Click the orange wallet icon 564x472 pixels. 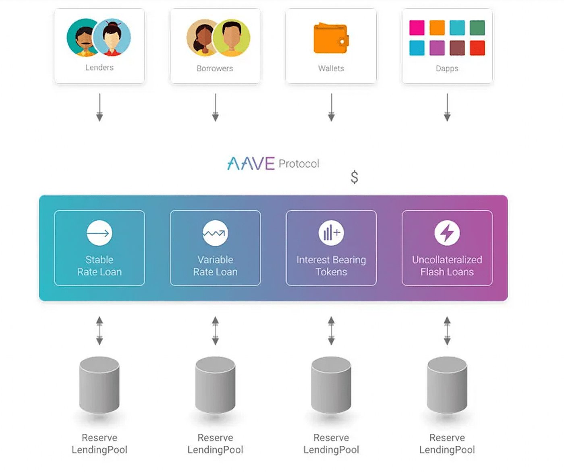[331, 39]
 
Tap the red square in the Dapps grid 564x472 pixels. [477, 48]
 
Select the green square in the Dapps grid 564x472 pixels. [477, 28]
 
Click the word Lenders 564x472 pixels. [99, 68]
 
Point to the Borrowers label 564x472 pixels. [215, 68]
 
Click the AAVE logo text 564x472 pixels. [251, 164]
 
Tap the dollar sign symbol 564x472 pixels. [354, 177]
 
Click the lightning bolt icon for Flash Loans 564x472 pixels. [447, 233]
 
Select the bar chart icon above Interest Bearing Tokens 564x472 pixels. [331, 233]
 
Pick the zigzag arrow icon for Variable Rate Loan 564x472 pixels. [215, 233]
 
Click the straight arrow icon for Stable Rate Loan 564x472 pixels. [99, 233]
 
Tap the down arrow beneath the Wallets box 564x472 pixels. [331, 108]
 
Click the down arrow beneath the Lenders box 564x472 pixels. [100, 108]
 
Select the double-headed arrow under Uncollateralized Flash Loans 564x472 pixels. [447, 331]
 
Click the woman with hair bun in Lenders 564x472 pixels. [112, 37]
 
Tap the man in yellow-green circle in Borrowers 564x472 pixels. [232, 38]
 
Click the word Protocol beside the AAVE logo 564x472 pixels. [299, 164]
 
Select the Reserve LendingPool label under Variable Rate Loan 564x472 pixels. [215, 444]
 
